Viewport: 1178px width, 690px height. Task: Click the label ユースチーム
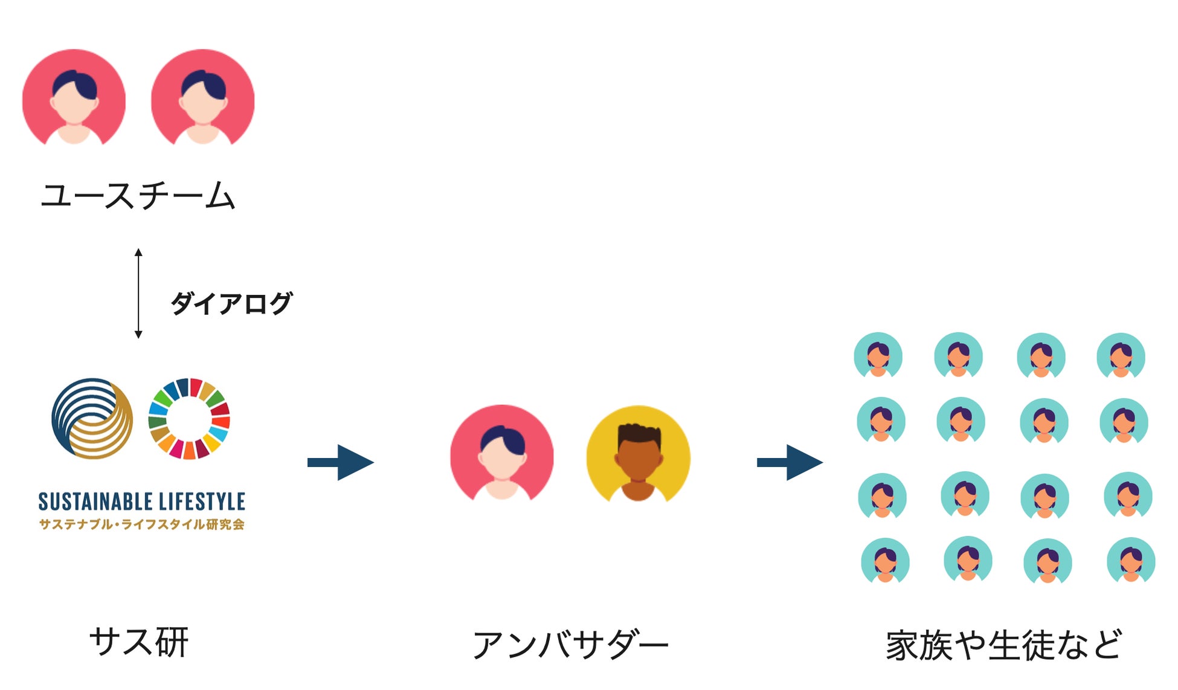point(138,196)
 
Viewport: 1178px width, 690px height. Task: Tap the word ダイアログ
point(231,303)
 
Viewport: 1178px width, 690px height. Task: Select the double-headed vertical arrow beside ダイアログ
point(138,293)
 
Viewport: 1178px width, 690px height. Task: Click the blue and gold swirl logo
point(92,418)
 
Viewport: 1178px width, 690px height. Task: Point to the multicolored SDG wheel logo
point(189,418)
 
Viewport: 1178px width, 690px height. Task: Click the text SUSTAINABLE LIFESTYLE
point(142,501)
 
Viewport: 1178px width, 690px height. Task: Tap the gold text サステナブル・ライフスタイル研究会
point(142,524)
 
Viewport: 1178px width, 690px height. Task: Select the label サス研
point(139,642)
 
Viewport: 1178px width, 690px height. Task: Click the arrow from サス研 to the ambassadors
point(340,463)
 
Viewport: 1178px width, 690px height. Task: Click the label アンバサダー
point(570,645)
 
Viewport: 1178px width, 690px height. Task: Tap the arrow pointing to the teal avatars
point(790,463)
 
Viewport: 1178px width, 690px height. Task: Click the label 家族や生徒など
point(1004,645)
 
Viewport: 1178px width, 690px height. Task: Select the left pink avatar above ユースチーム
point(74,98)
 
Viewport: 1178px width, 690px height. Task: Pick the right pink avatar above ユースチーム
point(203,98)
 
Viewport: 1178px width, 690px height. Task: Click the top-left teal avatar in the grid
point(878,355)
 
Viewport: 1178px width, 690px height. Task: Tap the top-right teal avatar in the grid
point(1121,356)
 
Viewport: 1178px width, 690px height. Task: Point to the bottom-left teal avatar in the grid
point(885,561)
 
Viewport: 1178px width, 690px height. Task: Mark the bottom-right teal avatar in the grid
point(1131,560)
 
